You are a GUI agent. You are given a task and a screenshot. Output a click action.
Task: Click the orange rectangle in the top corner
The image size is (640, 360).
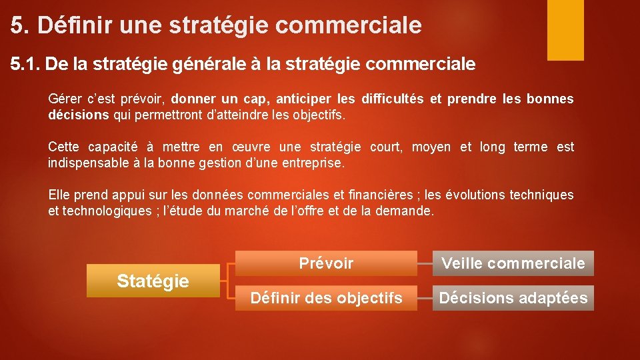[x=565, y=29]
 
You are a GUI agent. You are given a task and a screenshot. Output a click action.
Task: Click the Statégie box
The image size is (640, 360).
[x=153, y=281]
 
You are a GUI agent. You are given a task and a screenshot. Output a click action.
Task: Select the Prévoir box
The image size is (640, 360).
[x=326, y=263]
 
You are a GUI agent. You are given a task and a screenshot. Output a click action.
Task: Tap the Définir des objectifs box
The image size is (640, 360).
[x=326, y=298]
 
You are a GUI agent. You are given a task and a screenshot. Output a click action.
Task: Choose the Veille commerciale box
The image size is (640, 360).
[x=513, y=263]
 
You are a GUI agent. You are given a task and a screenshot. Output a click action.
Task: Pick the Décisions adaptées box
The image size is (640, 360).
[x=513, y=298]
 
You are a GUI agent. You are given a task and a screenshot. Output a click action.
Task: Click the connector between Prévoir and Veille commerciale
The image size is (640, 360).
[x=425, y=263]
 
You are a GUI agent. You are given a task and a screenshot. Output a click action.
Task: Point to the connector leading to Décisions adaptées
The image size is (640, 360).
[x=425, y=298]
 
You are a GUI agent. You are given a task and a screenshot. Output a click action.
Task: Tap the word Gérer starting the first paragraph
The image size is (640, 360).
[x=63, y=99]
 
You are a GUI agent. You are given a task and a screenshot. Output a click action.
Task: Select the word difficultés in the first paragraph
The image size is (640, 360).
[x=392, y=99]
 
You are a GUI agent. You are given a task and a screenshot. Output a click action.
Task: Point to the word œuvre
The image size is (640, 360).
[x=247, y=147]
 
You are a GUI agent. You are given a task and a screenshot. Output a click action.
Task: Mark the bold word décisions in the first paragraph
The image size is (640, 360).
[x=78, y=115]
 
